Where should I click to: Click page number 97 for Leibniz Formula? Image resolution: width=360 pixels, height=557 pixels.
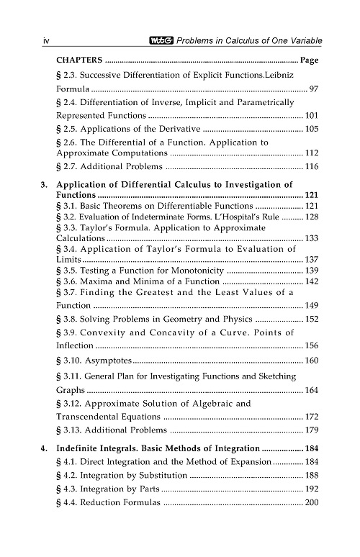click(x=312, y=89)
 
